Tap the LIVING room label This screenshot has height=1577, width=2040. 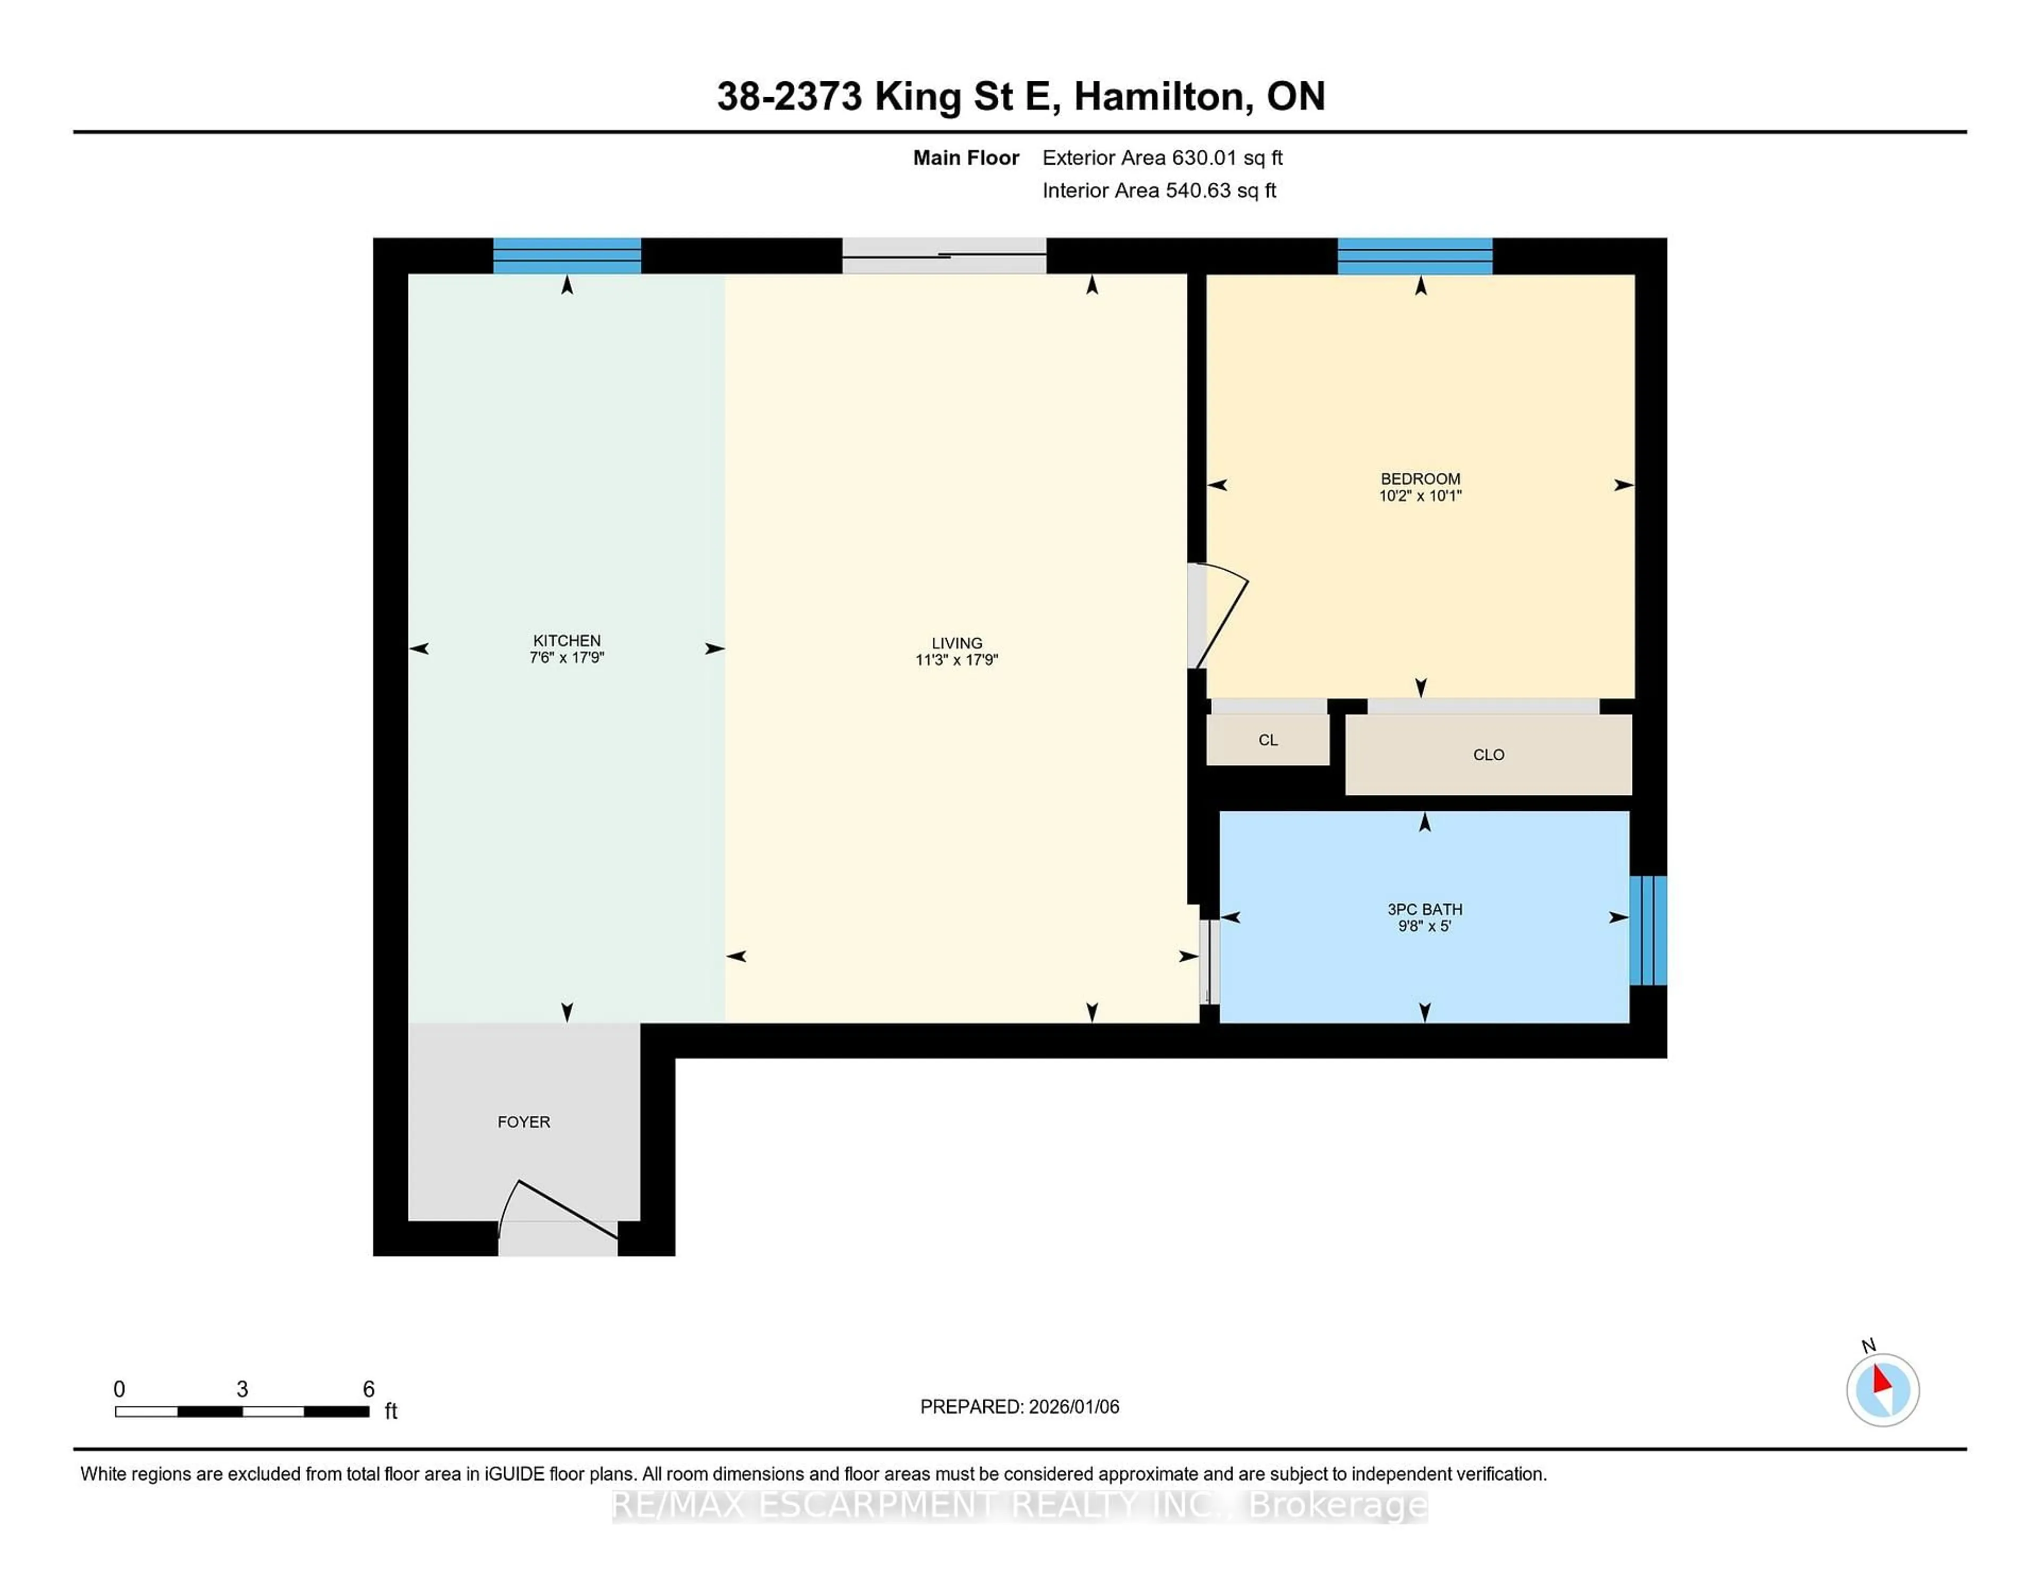click(x=956, y=643)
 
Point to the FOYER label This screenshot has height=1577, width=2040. click(x=523, y=1122)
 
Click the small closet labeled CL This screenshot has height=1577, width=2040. click(x=1268, y=740)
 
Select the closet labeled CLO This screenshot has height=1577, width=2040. click(x=1488, y=755)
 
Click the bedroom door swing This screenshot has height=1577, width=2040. click(x=1219, y=616)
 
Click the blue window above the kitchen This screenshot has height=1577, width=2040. click(x=567, y=255)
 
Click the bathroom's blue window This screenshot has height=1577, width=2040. click(x=1648, y=930)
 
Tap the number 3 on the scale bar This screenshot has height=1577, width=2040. click(x=242, y=1389)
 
